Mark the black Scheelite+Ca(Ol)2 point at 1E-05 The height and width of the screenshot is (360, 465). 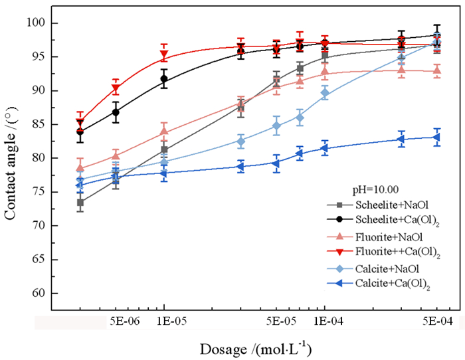[x=164, y=79]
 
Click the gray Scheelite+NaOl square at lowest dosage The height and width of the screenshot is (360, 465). [x=80, y=203]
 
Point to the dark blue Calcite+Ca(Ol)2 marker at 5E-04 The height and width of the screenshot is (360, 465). [x=436, y=137]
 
